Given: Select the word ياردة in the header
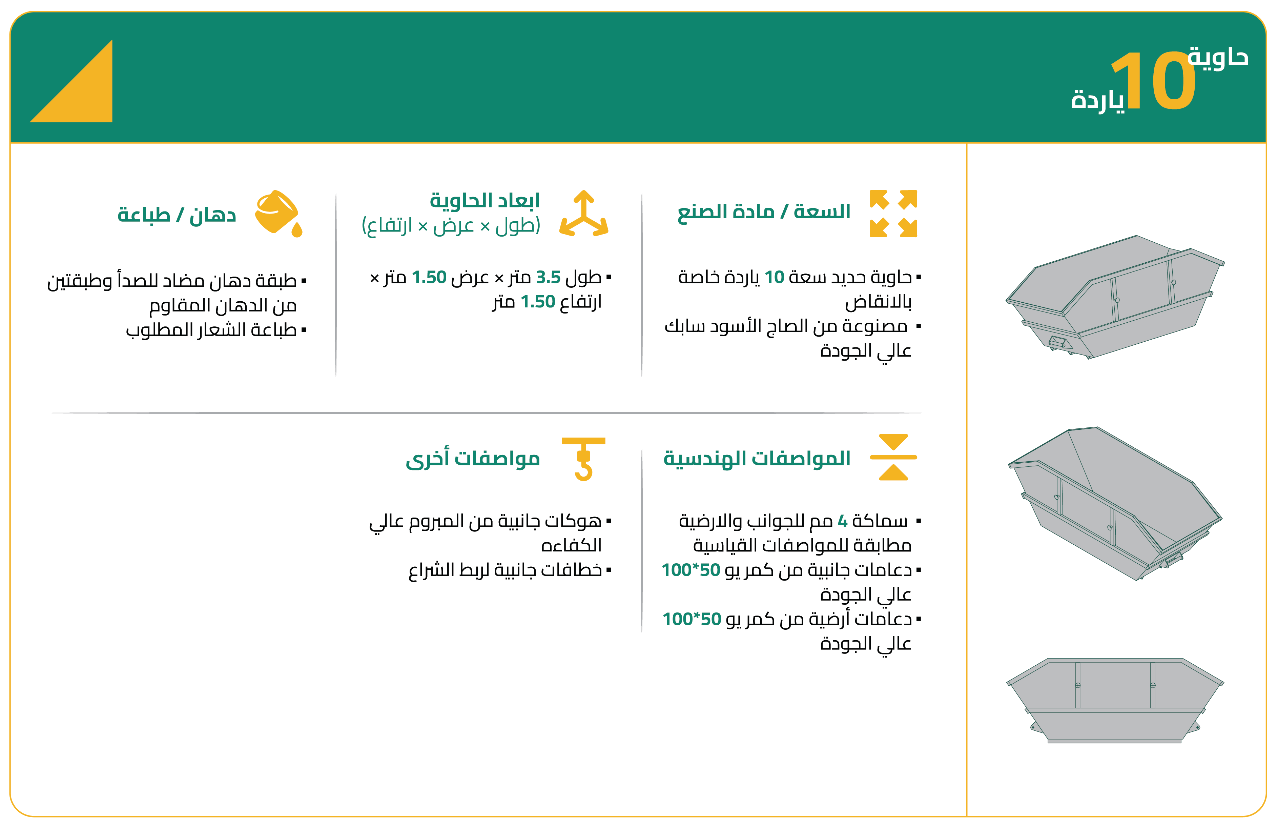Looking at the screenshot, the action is pyautogui.click(x=1097, y=100).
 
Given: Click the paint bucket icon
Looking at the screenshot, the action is pyautogui.click(x=279, y=213).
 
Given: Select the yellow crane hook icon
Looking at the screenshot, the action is pyautogui.click(x=583, y=459).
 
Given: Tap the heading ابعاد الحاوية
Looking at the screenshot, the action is pyautogui.click(x=485, y=200).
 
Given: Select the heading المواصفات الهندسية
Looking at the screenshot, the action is pyautogui.click(x=757, y=459).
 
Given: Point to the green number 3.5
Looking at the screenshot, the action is pyautogui.click(x=548, y=277).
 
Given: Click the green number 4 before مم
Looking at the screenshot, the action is pyautogui.click(x=843, y=521).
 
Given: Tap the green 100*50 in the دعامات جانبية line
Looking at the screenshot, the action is pyautogui.click(x=691, y=570).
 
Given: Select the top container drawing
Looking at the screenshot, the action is pyautogui.click(x=1115, y=297).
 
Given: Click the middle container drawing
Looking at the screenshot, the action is pyautogui.click(x=1115, y=504).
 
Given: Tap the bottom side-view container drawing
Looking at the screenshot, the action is pyautogui.click(x=1115, y=700).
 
